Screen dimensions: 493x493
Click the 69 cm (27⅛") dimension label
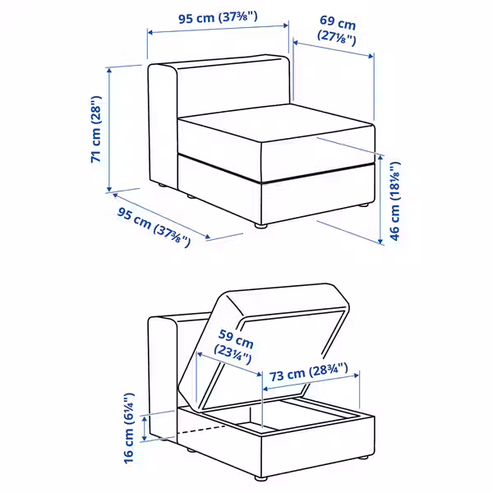coord(337,30)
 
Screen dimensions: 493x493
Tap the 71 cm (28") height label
coord(96,129)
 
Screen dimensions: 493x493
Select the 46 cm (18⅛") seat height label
coord(395,201)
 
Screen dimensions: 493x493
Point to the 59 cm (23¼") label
coord(234,347)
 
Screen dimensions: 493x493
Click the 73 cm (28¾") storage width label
coord(308,372)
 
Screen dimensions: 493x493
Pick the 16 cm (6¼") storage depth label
coord(129,428)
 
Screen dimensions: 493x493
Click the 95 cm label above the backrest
coord(219,17)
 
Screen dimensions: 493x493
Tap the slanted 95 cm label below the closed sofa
coord(154,227)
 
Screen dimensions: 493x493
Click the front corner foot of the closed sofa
coord(260,225)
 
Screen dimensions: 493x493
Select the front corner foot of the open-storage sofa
coord(260,478)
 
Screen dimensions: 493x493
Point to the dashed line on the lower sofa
coord(201,430)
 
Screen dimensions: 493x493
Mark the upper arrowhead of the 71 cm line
coord(109,71)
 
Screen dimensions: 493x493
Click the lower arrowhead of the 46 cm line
coord(380,241)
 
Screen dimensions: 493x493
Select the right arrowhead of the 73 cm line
coord(356,376)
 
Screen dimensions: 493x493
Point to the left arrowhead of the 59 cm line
coord(200,354)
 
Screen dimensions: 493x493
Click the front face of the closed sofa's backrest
coord(233,88)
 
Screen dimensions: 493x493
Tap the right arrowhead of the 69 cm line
coord(371,56)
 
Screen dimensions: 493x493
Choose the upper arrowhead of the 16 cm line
coord(145,419)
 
